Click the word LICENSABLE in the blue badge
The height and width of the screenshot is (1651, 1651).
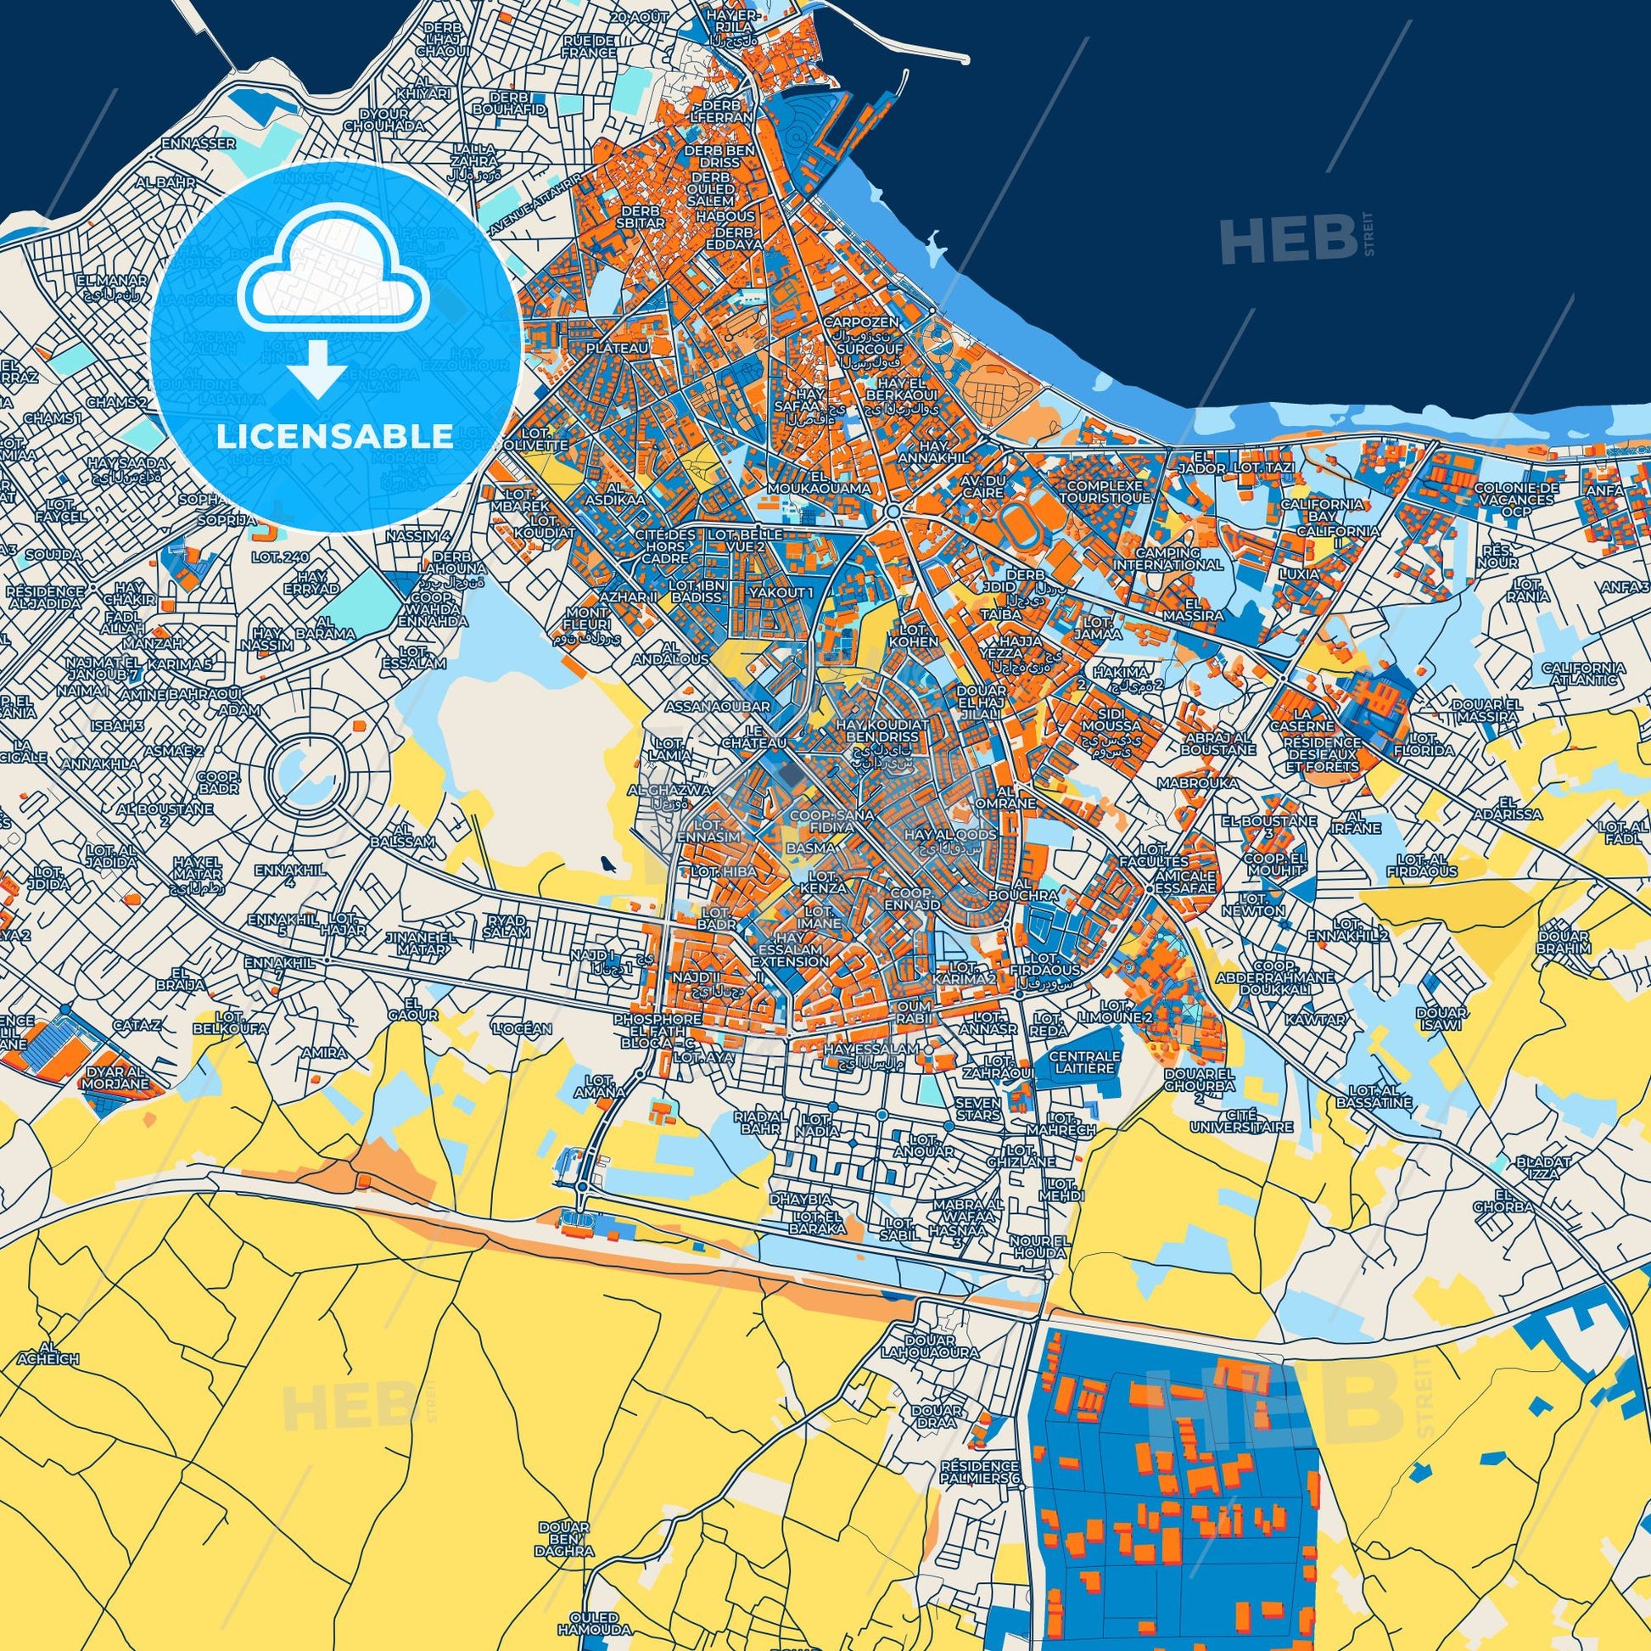[x=334, y=436]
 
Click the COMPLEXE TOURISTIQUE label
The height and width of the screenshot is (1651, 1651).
[x=1103, y=491]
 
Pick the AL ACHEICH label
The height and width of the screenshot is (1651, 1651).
[x=60, y=1352]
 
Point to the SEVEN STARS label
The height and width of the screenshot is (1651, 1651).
[x=978, y=1109]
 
